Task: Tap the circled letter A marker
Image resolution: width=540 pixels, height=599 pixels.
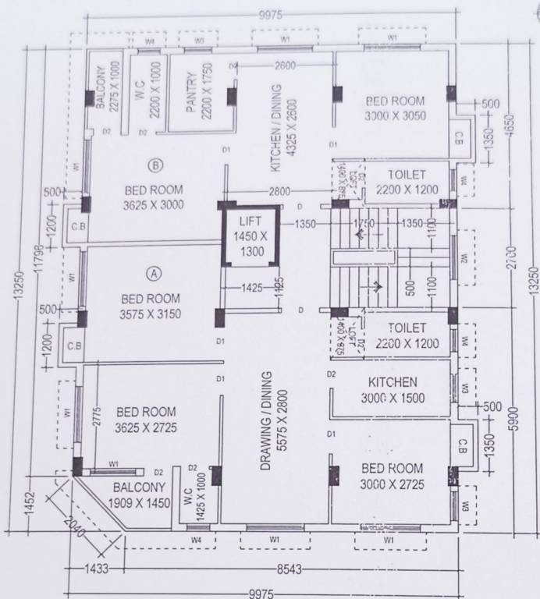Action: pos(154,273)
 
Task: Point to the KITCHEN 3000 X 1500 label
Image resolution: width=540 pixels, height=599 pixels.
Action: pos(393,390)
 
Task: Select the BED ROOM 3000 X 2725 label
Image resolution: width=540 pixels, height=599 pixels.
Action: pos(393,475)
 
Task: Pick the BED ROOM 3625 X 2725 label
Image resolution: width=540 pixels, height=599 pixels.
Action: pos(145,419)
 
